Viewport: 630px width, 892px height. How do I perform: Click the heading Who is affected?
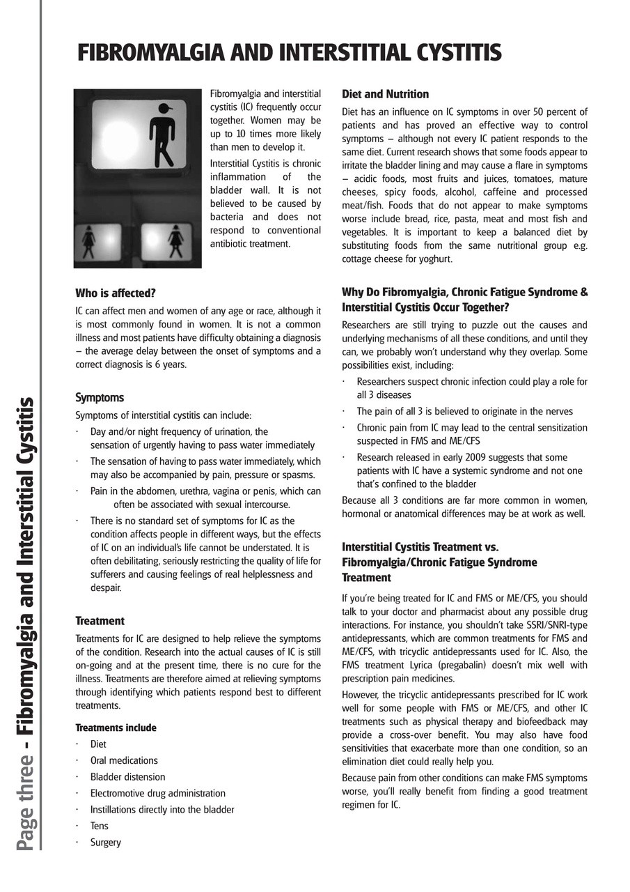(116, 293)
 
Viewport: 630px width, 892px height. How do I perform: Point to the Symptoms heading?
(100, 398)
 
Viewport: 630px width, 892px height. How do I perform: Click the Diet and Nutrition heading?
(385, 94)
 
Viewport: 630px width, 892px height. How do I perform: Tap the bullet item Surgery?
(105, 843)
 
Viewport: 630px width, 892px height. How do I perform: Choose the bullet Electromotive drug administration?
(157, 793)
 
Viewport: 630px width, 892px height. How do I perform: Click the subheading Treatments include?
(116, 728)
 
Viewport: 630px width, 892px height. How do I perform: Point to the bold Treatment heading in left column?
(100, 621)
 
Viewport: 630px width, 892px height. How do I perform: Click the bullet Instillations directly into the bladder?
(162, 810)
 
